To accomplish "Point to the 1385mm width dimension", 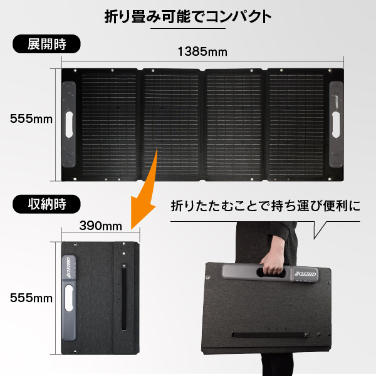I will (202, 51).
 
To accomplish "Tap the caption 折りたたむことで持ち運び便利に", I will (266, 205).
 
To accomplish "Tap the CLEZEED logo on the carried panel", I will (307, 273).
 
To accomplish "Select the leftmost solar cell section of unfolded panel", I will (110, 122).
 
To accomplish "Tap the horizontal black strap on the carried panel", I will (269, 333).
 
